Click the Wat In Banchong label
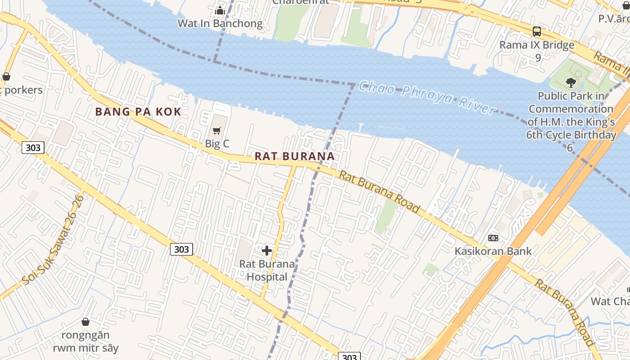tap(220, 23)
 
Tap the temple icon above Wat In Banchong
tap(220, 10)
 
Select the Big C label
tap(217, 144)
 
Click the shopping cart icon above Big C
tap(217, 131)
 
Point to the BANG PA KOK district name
tap(138, 112)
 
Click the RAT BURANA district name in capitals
tap(294, 157)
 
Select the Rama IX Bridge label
tap(537, 45)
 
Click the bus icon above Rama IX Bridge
tap(537, 31)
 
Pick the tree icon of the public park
tap(571, 83)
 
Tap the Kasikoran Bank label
tap(493, 251)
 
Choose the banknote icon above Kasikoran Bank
tap(493, 238)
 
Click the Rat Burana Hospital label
tap(267, 270)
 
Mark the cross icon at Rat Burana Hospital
tap(267, 251)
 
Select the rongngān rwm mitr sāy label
tap(85, 342)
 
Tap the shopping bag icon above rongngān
tap(85, 322)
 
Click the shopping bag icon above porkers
tap(6, 76)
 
